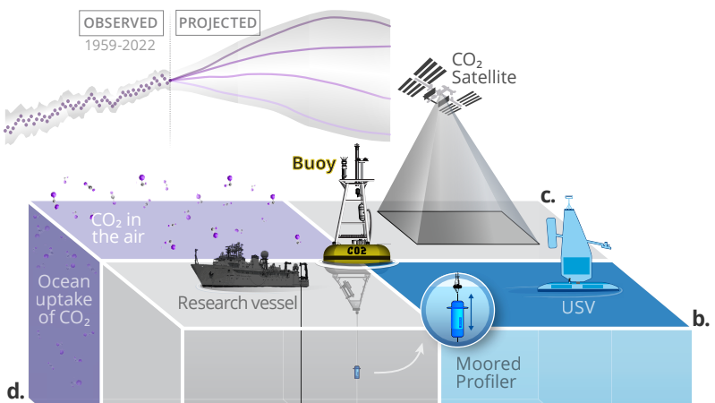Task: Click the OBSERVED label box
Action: pyautogui.click(x=121, y=21)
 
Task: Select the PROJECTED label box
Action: pyautogui.click(x=217, y=21)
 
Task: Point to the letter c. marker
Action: pyautogui.click(x=548, y=194)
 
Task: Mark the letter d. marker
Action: pyautogui.click(x=14, y=390)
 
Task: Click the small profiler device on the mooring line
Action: pyautogui.click(x=357, y=370)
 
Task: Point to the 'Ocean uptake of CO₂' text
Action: pyautogui.click(x=63, y=299)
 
